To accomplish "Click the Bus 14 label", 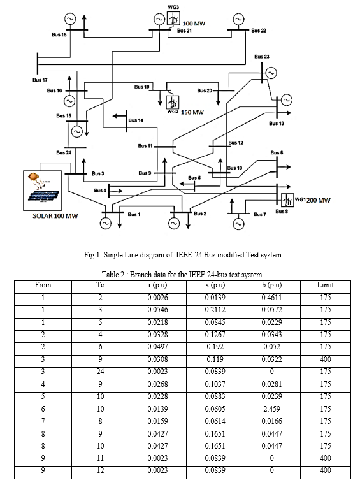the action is (136, 120).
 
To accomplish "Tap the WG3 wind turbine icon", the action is (173, 18).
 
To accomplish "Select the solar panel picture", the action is (42, 191).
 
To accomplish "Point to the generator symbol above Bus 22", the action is (238, 19).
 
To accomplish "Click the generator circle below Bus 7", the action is (238, 224).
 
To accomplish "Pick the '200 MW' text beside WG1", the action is (319, 200).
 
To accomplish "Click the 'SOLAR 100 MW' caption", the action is (55, 216).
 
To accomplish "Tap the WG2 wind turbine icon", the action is (173, 102).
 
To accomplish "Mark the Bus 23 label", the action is (262, 57).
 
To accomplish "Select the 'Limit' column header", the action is (326, 285).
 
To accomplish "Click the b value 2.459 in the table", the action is (271, 409).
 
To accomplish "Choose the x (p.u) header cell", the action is (215, 285).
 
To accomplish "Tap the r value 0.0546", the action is (157, 310).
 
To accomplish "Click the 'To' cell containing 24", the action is (100, 372).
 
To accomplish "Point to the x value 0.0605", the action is (215, 409).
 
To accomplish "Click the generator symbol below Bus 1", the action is (105, 223).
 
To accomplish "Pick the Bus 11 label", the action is (145, 146).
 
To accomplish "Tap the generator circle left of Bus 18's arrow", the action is (70, 19).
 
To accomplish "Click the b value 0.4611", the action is (271, 298).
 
